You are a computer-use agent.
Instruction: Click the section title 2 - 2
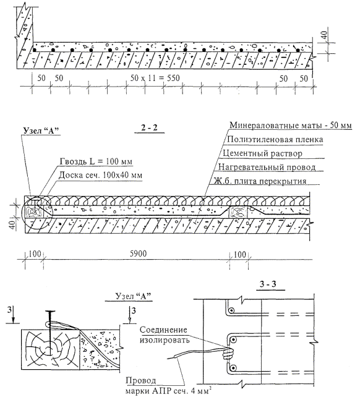tap(149, 127)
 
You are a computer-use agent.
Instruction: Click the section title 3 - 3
tap(268, 284)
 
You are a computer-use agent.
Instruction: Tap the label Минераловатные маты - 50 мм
tap(291, 125)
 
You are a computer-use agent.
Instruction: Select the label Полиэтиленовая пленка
tap(275, 139)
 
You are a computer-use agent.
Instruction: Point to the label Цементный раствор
tap(262, 153)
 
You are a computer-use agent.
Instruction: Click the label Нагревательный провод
tap(267, 167)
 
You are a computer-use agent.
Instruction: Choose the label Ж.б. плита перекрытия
tap(260, 181)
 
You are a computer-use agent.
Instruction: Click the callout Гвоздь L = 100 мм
tap(96, 161)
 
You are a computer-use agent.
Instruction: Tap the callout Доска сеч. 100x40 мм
tap(100, 175)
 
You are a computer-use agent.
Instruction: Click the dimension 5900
tap(139, 254)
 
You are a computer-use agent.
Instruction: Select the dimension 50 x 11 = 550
tap(155, 78)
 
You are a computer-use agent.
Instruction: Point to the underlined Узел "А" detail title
tap(133, 296)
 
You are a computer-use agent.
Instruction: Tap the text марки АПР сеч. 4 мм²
tap(168, 391)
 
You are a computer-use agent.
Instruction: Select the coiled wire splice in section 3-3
tap(228, 352)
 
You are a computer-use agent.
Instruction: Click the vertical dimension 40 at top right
tap(325, 35)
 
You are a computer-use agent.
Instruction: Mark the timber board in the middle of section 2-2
tap(238, 212)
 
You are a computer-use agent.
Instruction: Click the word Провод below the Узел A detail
tap(141, 380)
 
